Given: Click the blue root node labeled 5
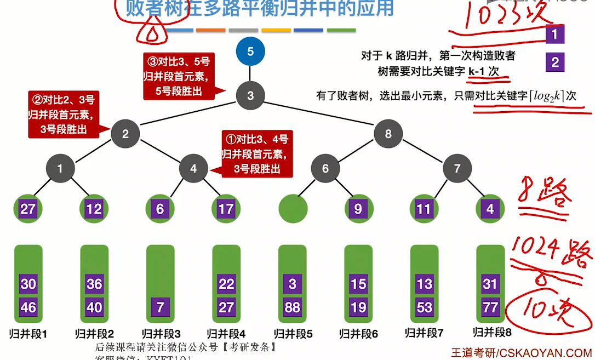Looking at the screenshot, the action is tap(250, 52).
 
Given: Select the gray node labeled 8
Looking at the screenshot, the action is tap(388, 134).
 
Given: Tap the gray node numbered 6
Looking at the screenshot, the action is tap(325, 169).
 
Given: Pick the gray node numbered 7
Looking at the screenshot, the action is tap(457, 169).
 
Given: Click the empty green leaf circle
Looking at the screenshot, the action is tap(293, 209).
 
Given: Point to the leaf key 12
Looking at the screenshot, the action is tap(94, 209).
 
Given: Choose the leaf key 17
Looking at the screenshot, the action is tap(226, 209).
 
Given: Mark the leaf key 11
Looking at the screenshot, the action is tap(424, 209).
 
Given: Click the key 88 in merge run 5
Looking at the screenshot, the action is tap(293, 307).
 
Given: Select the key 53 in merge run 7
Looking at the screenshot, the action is tap(425, 307).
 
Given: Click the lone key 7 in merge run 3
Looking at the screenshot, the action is tap(161, 307).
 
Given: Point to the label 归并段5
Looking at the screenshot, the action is tap(293, 334).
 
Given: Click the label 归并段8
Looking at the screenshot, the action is tap(492, 332).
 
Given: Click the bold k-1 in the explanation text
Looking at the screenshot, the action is tap(477, 71).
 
